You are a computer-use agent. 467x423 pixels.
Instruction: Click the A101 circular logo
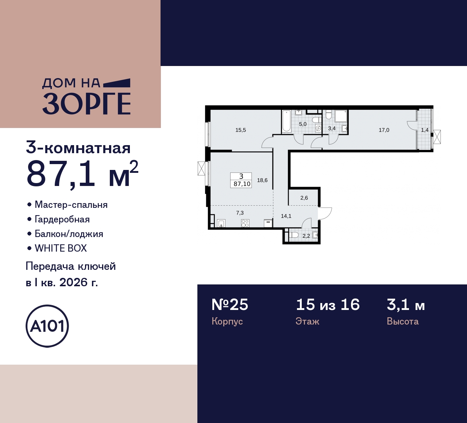(x=47, y=326)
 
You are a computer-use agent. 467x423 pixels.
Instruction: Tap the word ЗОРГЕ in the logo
(x=86, y=104)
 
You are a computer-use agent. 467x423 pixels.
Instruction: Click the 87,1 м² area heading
(x=82, y=174)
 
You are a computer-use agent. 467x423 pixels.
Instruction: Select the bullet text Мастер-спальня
(x=71, y=205)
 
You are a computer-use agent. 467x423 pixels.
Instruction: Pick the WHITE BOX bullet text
(x=61, y=248)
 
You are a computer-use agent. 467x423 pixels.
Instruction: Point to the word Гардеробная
(x=62, y=219)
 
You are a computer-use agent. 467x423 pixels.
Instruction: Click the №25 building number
(x=230, y=304)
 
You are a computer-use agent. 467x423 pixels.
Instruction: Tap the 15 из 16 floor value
(x=328, y=304)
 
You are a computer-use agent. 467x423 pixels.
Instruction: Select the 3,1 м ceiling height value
(x=406, y=304)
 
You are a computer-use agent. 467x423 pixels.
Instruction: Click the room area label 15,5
(x=240, y=130)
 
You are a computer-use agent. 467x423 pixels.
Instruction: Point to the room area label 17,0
(x=384, y=130)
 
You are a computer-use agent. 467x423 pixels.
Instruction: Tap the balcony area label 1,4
(x=425, y=130)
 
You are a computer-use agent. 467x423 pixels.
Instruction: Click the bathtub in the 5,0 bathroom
(x=286, y=121)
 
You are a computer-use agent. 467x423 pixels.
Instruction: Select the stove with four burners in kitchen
(x=245, y=223)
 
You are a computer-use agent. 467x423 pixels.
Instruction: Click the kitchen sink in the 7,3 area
(x=221, y=224)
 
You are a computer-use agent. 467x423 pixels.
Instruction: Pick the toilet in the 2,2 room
(x=293, y=235)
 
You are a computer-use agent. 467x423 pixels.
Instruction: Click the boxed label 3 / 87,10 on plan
(x=242, y=180)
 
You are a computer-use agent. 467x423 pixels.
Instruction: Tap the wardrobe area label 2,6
(x=304, y=198)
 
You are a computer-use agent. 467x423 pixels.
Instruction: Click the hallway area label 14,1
(x=286, y=216)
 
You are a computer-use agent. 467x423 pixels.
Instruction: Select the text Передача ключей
(x=71, y=266)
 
